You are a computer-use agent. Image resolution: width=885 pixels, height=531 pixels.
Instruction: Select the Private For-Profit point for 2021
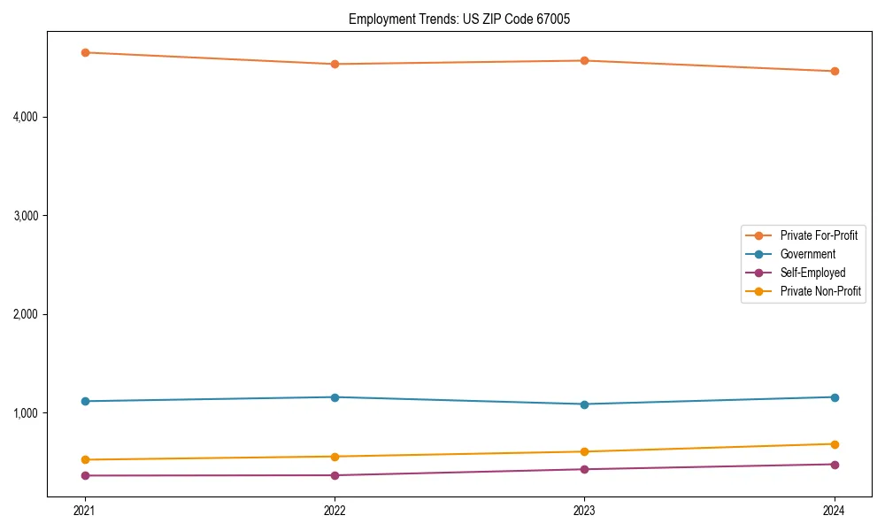pos(85,52)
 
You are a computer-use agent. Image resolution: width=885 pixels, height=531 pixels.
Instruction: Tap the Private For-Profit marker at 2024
pos(835,71)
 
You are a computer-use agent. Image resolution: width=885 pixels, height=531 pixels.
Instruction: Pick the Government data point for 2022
pos(335,397)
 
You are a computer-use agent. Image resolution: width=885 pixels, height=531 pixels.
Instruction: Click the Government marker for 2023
pos(584,404)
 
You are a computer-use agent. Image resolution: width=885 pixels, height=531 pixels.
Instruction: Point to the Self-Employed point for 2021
pos(85,475)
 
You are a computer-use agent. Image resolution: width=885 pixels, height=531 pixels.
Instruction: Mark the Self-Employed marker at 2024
pos(835,464)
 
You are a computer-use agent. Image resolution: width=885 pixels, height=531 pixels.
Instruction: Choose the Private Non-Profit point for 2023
pos(584,451)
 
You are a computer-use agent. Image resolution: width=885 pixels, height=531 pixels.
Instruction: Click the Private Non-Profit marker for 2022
pos(335,457)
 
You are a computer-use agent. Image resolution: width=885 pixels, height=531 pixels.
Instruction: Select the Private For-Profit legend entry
pos(819,235)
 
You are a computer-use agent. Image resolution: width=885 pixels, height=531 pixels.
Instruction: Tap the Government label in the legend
pos(807,254)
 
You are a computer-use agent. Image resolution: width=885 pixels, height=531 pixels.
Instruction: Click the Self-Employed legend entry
pos(812,273)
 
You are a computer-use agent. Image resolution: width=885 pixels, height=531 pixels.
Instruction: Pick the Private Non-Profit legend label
pos(820,291)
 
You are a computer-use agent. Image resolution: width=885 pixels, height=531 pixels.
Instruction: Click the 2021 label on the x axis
pos(85,511)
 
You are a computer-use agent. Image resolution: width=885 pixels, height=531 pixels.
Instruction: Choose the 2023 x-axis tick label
pos(584,511)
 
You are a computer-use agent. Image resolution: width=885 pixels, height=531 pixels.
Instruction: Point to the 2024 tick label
pos(835,511)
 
